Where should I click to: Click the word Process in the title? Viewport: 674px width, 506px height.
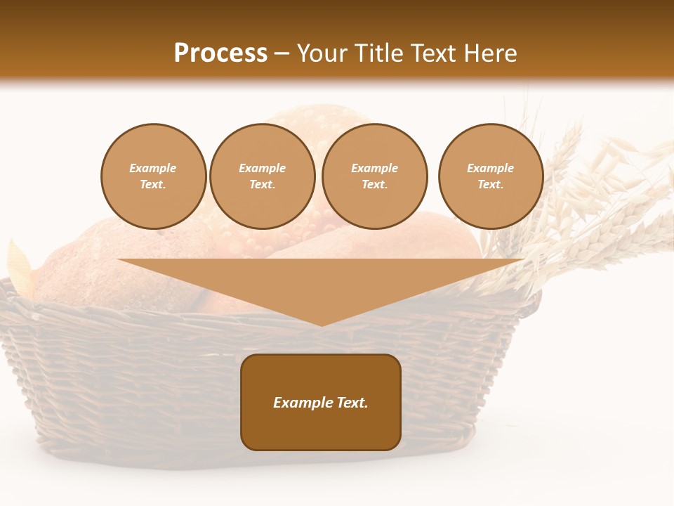click(220, 53)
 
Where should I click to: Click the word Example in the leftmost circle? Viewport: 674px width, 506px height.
click(153, 168)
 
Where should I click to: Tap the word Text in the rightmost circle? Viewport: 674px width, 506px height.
click(490, 184)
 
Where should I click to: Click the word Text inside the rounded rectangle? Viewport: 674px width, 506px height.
click(351, 403)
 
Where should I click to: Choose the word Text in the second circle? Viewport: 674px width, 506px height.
click(262, 184)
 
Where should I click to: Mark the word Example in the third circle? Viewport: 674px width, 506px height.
click(374, 168)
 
